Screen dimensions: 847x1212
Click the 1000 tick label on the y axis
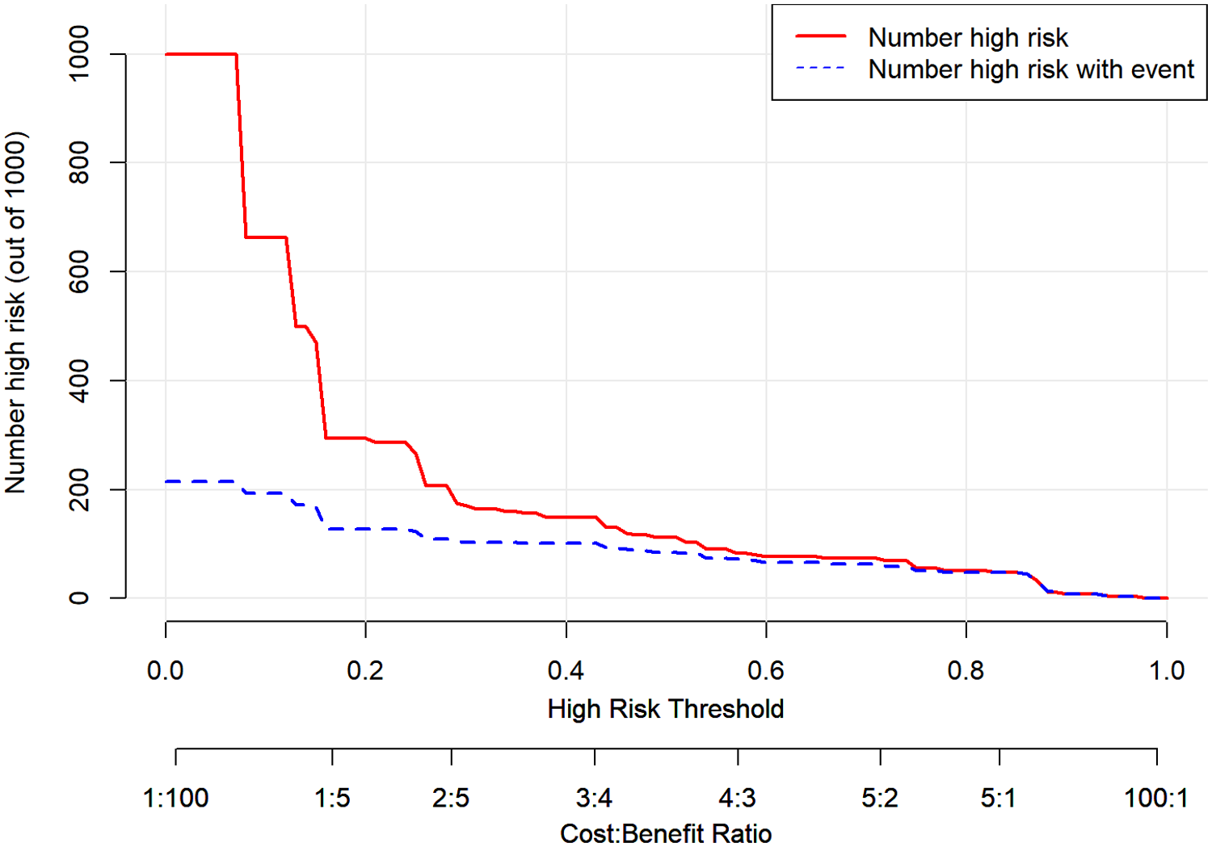coord(79,53)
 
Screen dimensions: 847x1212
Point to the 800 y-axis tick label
coord(79,162)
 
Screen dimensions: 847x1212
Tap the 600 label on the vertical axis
coord(79,271)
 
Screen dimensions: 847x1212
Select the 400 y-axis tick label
coord(79,380)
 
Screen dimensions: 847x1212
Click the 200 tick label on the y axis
coord(79,489)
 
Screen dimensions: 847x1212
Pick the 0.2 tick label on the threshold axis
coord(365,670)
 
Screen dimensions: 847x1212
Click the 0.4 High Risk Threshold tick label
coord(566,670)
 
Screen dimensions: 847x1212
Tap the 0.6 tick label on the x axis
coord(766,670)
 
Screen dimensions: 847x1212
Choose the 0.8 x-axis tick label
coord(966,670)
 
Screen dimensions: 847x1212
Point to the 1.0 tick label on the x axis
coord(1166,670)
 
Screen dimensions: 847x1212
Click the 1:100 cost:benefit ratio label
coord(175,799)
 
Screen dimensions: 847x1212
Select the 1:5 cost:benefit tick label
coord(332,799)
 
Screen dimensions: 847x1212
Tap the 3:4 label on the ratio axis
coord(594,799)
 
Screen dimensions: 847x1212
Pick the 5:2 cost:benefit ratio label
coord(880,799)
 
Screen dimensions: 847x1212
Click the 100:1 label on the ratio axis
coord(1156,799)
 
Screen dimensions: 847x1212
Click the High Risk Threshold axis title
coord(666,709)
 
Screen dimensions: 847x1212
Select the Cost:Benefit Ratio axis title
coord(666,833)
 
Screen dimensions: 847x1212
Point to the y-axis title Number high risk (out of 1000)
coord(16,312)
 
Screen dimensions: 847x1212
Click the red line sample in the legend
coord(820,37)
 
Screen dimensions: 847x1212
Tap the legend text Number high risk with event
coord(1031,70)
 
